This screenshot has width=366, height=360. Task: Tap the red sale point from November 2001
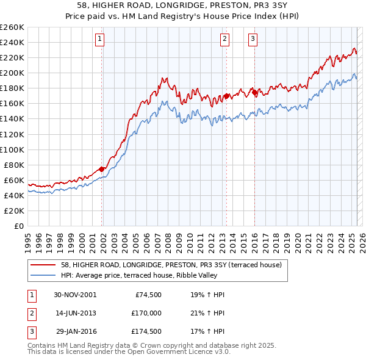pos(102,169)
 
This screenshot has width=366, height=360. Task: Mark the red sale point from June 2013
pos(226,96)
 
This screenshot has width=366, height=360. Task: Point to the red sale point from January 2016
pos(254,92)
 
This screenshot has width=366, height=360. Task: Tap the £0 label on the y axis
pos(18,226)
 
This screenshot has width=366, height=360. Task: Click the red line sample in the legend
pos(43,265)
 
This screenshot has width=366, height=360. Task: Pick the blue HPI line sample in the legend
pos(43,275)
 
